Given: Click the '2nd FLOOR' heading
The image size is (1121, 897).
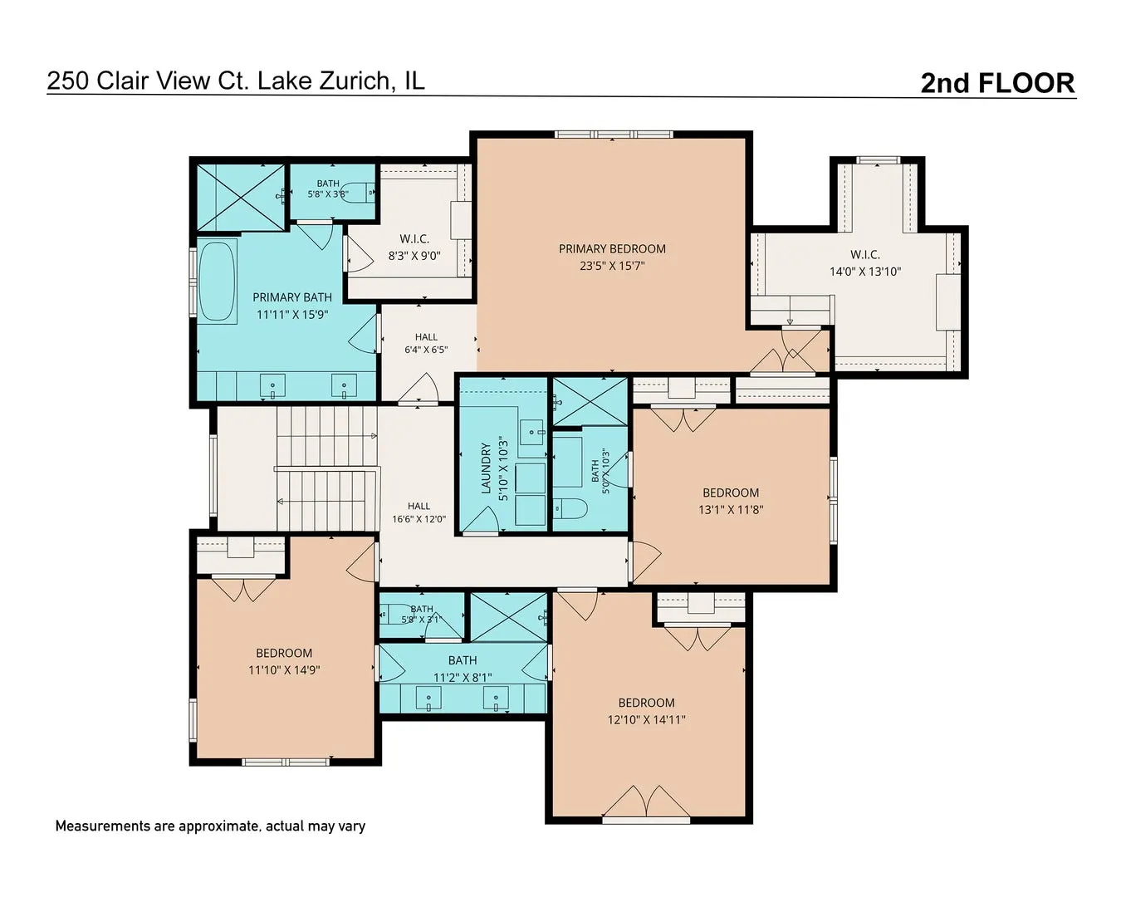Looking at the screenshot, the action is [x=997, y=83].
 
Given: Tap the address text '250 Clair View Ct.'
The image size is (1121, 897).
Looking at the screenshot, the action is [x=148, y=81].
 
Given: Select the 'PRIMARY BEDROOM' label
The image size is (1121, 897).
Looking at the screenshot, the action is [x=612, y=249].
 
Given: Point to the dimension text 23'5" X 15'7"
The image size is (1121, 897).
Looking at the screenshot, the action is [x=612, y=266].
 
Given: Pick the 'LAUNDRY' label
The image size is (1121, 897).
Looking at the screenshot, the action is [x=486, y=468].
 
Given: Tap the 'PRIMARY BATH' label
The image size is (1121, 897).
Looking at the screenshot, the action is [x=292, y=297].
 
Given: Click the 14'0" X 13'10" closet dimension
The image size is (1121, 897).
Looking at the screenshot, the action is [x=864, y=272].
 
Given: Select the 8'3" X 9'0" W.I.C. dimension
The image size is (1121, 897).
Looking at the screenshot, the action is [x=414, y=256].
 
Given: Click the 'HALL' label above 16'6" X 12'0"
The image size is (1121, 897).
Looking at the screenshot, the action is [x=419, y=506].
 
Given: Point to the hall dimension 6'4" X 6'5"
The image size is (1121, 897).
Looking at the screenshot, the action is [x=426, y=350].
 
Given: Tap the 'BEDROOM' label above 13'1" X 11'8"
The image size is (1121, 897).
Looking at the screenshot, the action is [x=731, y=493].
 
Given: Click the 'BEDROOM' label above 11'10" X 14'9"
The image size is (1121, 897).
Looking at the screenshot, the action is [x=284, y=653].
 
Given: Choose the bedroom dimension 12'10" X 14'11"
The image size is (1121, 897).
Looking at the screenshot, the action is [x=646, y=720].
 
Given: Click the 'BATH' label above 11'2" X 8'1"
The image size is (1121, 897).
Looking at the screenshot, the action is [x=463, y=660].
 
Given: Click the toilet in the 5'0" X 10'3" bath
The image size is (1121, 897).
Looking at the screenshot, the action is [x=570, y=508].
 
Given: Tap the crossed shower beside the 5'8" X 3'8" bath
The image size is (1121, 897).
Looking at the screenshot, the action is [x=241, y=197].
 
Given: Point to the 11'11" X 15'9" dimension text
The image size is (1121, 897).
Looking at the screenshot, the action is [x=292, y=315].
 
